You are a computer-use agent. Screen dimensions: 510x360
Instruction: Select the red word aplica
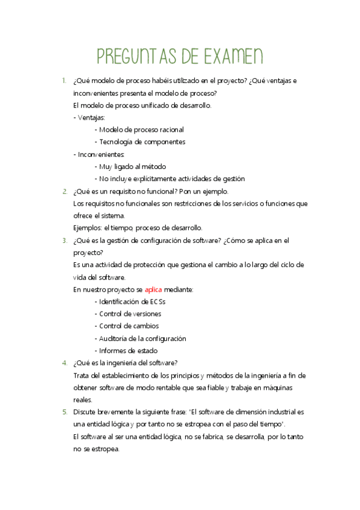tap(153, 289)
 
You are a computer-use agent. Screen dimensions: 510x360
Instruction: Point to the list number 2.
tap(64, 191)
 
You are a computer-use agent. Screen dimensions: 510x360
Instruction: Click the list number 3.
tap(64, 241)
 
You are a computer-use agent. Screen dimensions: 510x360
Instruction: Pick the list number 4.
tap(64, 363)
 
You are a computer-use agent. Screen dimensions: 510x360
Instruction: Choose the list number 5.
tap(64, 412)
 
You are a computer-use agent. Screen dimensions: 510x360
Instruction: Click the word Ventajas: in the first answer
tap(91, 117)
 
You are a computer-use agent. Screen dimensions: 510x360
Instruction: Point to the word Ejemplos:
tap(87, 228)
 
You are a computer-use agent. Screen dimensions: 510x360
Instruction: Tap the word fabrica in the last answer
tap(213, 437)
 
